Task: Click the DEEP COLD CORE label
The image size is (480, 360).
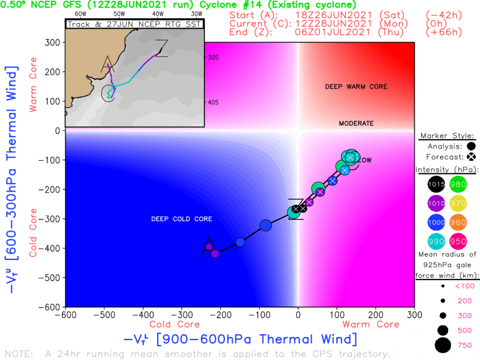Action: point(181,219)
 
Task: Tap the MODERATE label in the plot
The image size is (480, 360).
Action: point(356,123)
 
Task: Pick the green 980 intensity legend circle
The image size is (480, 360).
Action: point(458,184)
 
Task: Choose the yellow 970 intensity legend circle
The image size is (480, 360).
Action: point(458,203)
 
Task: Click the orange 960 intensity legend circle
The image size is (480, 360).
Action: point(458,222)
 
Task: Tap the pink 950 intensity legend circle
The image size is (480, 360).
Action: point(458,241)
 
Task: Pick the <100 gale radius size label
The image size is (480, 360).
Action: point(465,286)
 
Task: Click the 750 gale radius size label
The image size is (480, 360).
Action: point(464,345)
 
